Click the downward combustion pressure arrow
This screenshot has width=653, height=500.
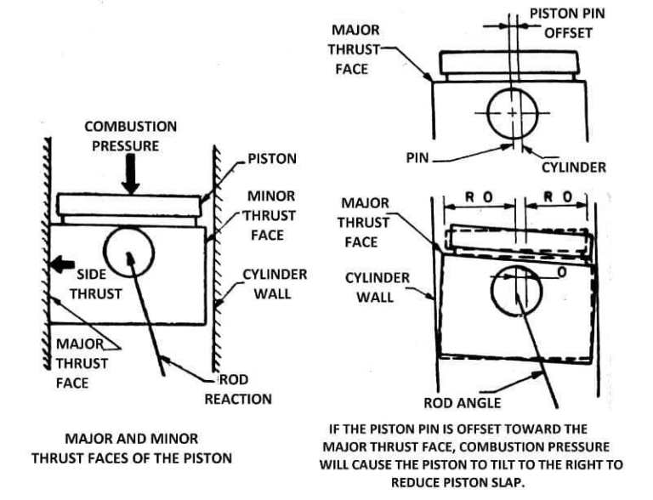130,176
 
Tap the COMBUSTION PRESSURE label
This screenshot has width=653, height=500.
130,136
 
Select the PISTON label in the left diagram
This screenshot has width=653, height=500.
272,159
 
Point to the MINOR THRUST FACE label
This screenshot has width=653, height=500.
271,215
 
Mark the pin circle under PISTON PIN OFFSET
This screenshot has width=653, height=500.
513,113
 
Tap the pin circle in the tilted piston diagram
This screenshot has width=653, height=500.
516,289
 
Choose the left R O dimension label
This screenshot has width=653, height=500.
480,197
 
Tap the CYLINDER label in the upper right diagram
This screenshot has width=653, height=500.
574,167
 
